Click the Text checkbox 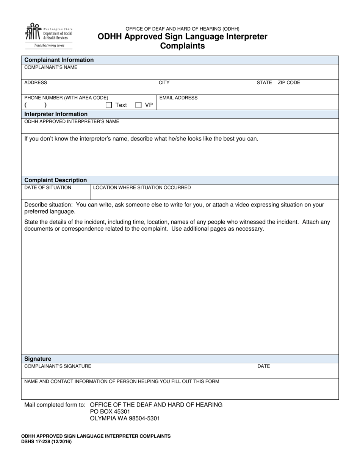click(x=109, y=105)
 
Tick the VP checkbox click(x=138, y=105)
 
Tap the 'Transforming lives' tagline click(x=49, y=45)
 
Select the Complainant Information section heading click(x=59, y=60)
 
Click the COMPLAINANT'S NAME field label click(x=51, y=67)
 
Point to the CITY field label click(x=164, y=83)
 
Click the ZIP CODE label click(x=289, y=83)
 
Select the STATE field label click(x=264, y=83)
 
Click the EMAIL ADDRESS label click(x=178, y=98)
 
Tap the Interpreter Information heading click(x=56, y=114)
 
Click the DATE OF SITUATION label click(x=48, y=188)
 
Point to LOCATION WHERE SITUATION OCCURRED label click(x=142, y=188)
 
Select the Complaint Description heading click(x=55, y=180)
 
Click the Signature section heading click(x=38, y=359)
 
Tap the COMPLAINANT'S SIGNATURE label click(x=58, y=366)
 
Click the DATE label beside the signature click(x=264, y=366)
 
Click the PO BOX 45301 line click(x=110, y=411)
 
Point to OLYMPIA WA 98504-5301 click(x=125, y=419)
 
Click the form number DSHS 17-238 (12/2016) click(x=46, y=442)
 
